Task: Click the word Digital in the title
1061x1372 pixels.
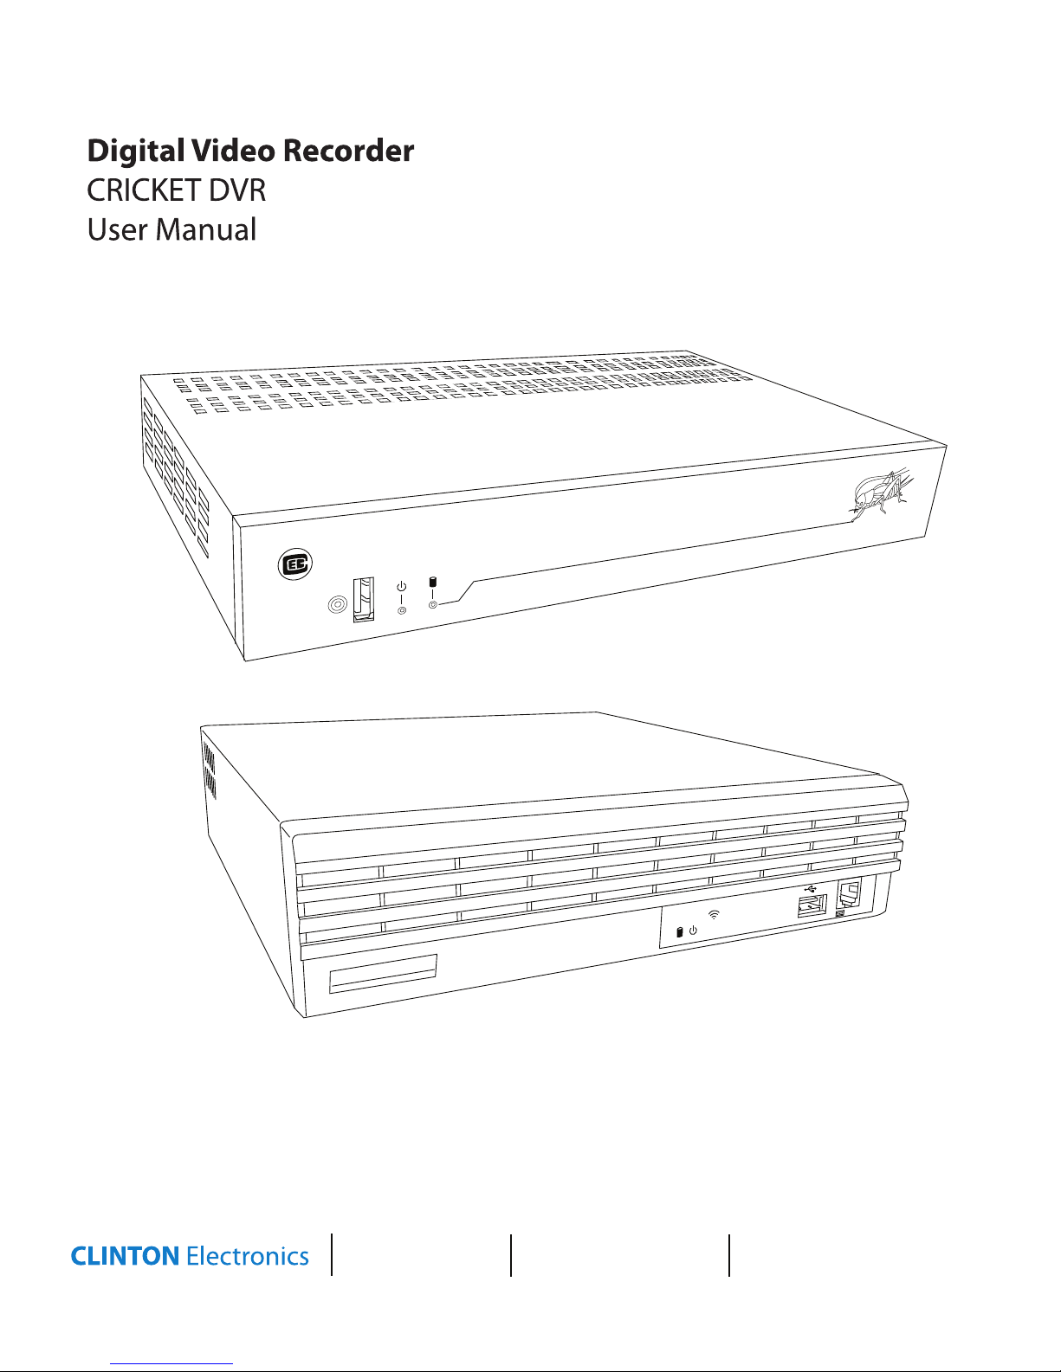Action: point(136,151)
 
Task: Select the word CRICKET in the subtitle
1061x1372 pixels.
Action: point(145,190)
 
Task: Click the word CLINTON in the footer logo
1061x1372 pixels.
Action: point(125,1256)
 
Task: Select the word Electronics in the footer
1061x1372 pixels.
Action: point(248,1256)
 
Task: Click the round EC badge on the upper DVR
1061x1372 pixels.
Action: point(294,564)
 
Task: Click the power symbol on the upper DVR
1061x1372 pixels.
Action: point(401,588)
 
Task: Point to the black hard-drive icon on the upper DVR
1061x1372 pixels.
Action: point(433,582)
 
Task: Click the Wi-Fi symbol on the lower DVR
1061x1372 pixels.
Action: point(714,914)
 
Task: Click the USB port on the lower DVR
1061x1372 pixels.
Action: point(812,907)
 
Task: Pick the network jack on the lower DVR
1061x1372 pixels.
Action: point(849,895)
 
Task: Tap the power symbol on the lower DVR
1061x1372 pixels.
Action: point(693,931)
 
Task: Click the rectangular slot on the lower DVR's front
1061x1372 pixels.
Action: point(382,975)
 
